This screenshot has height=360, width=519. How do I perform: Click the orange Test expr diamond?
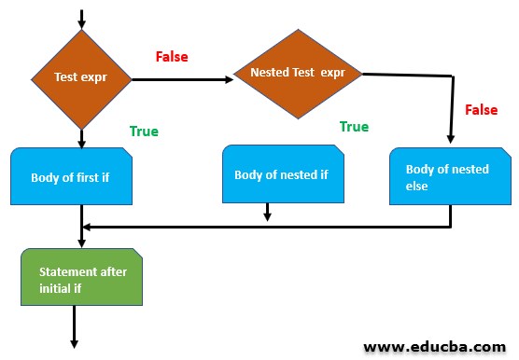pos(82,79)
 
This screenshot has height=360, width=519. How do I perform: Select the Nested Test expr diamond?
pos(298,72)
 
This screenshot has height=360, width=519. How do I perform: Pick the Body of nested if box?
pos(280,173)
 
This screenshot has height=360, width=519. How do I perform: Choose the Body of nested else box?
pos(449,176)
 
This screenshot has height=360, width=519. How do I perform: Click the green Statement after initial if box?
pos(82,278)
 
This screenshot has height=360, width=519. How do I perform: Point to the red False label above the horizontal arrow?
pos(172,58)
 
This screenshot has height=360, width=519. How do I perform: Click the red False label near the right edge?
pos(481,110)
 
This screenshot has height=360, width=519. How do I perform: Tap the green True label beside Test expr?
pos(143,132)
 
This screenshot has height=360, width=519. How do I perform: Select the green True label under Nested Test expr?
pos(354,127)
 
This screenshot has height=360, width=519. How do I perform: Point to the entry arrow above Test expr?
pos(82,19)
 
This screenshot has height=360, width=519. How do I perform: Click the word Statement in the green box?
pos(68,271)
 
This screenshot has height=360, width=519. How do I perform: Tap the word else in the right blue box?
pos(417,186)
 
